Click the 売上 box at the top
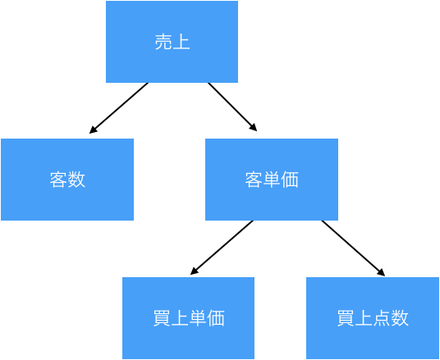(172, 42)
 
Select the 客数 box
(67, 180)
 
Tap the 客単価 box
(272, 180)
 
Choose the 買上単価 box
(188, 318)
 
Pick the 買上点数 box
(373, 318)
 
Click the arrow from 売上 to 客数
(119, 108)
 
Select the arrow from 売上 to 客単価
(232, 107)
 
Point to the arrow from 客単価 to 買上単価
(222, 248)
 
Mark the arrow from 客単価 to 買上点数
(353, 248)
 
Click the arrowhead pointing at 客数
(93, 130)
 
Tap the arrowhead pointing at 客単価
(254, 128)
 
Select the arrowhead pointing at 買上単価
(194, 271)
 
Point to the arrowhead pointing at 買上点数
(382, 273)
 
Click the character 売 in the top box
(163, 42)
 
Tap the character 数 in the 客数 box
(76, 180)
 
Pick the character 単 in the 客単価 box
(272, 180)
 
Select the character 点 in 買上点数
(382, 318)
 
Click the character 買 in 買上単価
(162, 318)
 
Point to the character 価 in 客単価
(290, 180)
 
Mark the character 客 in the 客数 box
(58, 180)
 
